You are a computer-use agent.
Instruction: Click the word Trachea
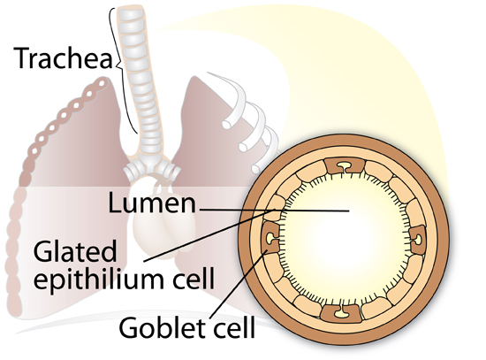(x=64, y=57)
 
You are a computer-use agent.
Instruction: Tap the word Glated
(x=75, y=252)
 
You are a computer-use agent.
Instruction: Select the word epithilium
(x=98, y=278)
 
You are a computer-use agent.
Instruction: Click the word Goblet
(x=160, y=328)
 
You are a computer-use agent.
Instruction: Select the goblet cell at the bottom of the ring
(x=340, y=313)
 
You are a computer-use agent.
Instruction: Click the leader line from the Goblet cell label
(x=238, y=284)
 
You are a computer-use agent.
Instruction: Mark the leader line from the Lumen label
(x=275, y=211)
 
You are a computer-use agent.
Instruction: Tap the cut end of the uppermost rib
(x=226, y=125)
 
